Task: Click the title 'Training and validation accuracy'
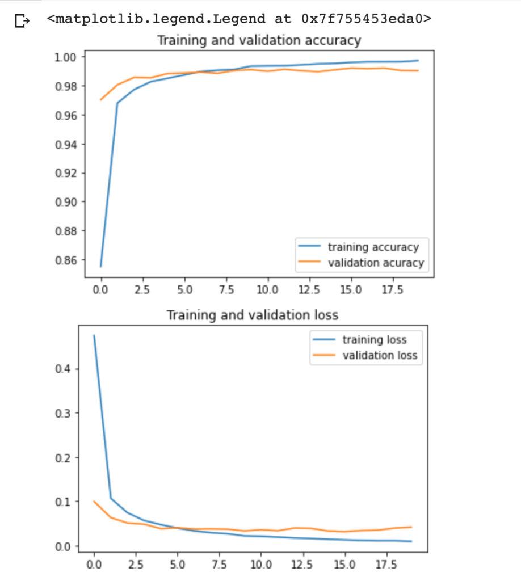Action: coord(259,41)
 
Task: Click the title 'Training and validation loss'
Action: coord(252,315)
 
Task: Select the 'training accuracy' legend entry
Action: coord(373,247)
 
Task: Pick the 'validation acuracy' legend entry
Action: coord(376,263)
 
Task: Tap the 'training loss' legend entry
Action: coord(375,340)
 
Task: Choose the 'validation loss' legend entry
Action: coord(380,356)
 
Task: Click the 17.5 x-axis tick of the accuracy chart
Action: coord(392,290)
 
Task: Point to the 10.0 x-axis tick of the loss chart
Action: coord(260,565)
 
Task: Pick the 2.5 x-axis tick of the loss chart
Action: coord(135,565)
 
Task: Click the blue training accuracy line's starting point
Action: coord(101,266)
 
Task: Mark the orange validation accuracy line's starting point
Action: coord(101,100)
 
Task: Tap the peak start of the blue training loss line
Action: coord(94,336)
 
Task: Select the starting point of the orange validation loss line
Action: coord(94,502)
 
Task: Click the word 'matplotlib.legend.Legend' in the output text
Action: coord(156,19)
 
